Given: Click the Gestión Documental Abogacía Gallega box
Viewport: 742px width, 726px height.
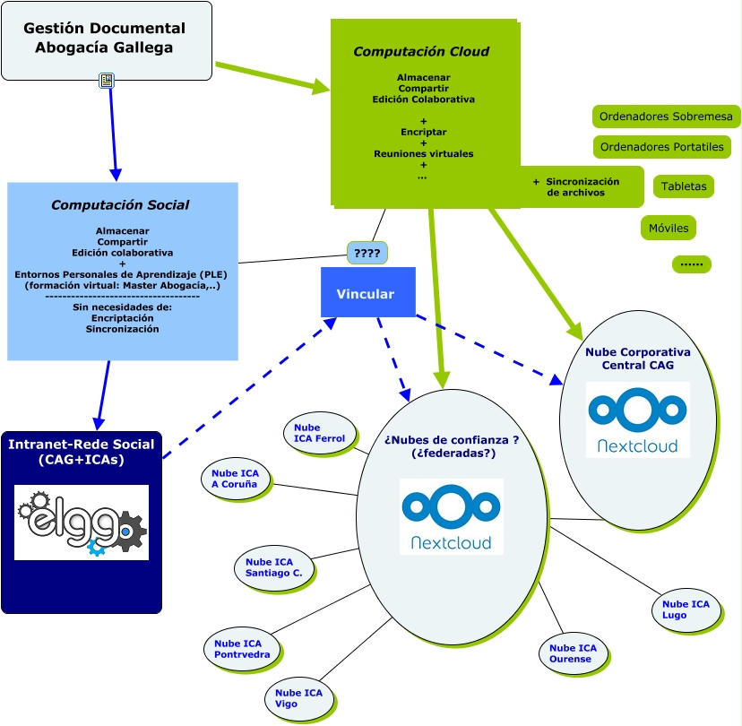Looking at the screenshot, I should [106, 39].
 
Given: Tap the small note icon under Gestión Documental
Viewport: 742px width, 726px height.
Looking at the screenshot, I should [107, 82].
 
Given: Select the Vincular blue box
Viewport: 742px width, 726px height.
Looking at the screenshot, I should [367, 293].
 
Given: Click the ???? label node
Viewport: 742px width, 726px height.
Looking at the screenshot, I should [367, 254].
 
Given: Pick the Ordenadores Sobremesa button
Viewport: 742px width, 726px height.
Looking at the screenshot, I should [665, 117].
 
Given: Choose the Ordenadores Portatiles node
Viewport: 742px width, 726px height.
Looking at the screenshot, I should [661, 147].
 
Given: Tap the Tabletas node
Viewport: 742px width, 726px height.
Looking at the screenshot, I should [683, 186].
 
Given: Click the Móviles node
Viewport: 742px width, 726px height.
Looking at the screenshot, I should [668, 228].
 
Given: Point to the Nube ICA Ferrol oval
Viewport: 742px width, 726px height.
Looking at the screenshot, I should [319, 433].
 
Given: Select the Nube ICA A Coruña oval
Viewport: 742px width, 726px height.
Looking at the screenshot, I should [236, 478].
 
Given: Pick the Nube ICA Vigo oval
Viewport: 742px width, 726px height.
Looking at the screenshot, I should [299, 697].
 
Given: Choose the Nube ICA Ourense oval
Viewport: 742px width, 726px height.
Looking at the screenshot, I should [573, 653].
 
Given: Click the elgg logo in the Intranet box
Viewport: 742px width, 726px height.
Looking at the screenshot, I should [81, 523].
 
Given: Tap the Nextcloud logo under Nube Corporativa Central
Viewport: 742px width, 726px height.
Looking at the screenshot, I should [637, 419].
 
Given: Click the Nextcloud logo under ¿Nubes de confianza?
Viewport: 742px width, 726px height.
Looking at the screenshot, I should [451, 516].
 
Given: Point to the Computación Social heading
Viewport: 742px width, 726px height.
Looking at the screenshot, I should [120, 205].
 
